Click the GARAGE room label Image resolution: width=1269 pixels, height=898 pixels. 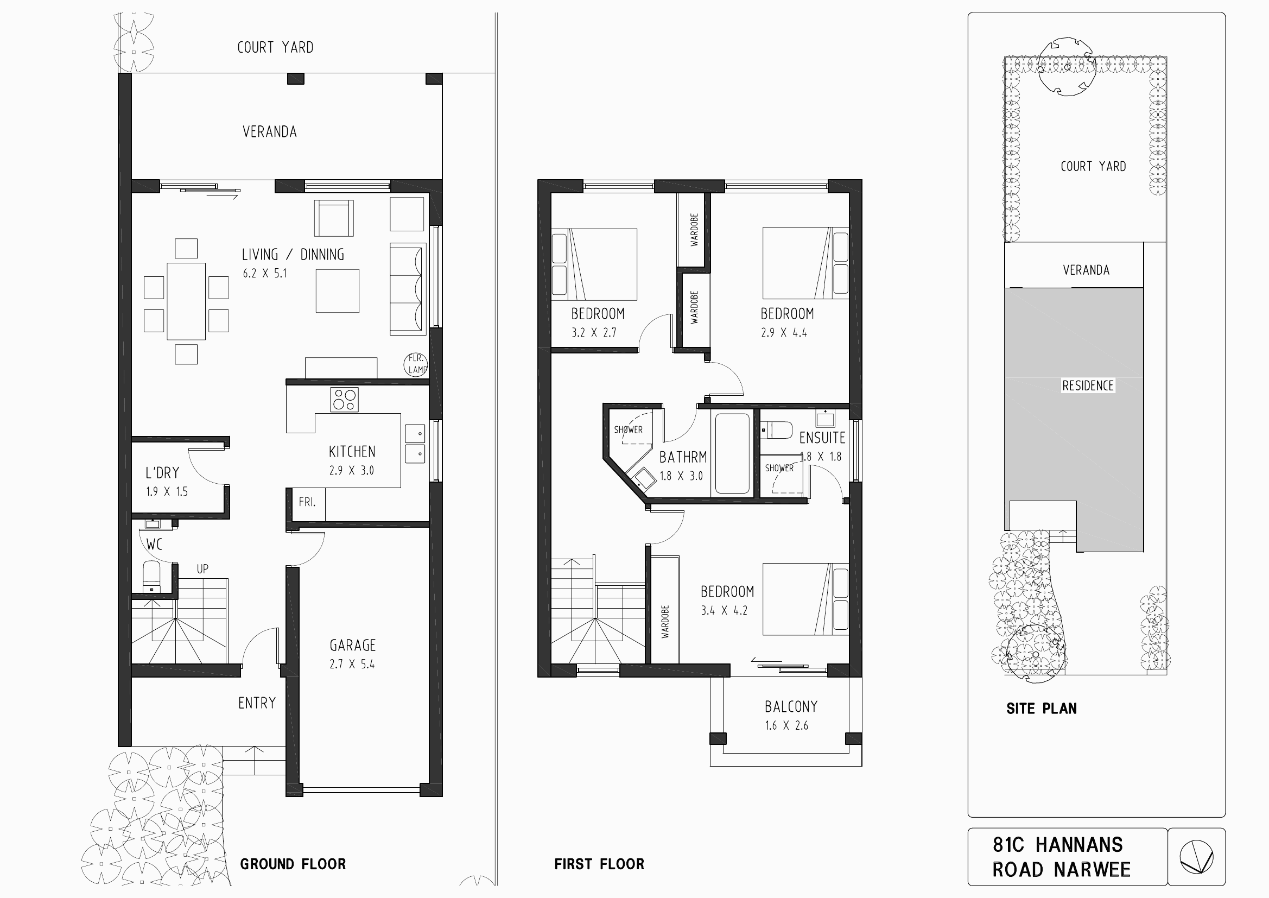[x=353, y=646]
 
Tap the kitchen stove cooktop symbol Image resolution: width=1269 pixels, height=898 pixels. [x=344, y=399]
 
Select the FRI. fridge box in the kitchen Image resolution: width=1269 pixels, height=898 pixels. [x=308, y=504]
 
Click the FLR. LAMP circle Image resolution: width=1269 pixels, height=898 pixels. [x=416, y=364]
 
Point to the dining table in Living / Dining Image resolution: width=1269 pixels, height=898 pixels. [x=186, y=301]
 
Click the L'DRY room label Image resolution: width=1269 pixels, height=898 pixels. [x=162, y=473]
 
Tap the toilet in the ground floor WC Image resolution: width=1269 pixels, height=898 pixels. [x=151, y=577]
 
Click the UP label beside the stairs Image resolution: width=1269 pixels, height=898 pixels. [x=202, y=568]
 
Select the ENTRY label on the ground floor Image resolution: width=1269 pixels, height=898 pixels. [x=257, y=703]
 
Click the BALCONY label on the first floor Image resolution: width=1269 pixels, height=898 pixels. [x=791, y=707]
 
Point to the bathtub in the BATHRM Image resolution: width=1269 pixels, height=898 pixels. [x=732, y=453]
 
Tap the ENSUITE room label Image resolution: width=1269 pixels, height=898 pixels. [x=822, y=438]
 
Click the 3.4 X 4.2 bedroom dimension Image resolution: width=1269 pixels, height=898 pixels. [x=724, y=610]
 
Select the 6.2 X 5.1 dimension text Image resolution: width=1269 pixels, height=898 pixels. [x=265, y=273]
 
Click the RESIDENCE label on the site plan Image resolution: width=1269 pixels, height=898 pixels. [x=1088, y=385]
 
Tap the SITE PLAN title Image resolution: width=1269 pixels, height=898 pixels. [x=1041, y=709]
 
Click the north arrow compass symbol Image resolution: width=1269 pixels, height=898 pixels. [x=1197, y=858]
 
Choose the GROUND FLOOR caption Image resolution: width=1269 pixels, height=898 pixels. [x=293, y=864]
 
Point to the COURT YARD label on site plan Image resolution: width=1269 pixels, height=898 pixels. [x=1093, y=167]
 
